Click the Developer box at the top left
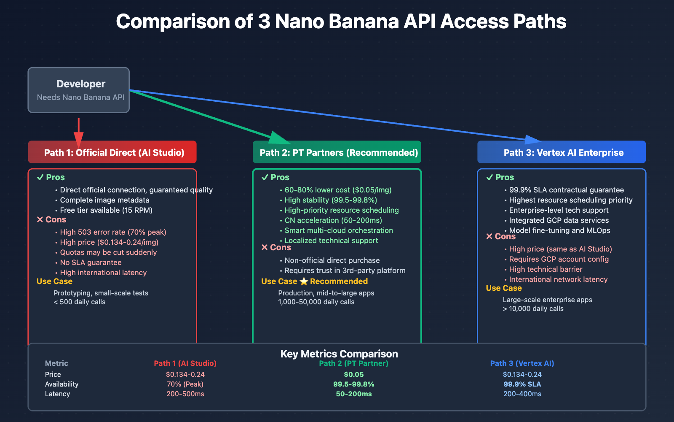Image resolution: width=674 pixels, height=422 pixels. pyautogui.click(x=79, y=90)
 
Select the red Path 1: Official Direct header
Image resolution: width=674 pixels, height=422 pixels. pyautogui.click(x=112, y=152)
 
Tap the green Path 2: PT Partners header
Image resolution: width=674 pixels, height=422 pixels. pyautogui.click(x=337, y=152)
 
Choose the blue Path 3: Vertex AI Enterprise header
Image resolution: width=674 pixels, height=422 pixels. pyautogui.click(x=562, y=152)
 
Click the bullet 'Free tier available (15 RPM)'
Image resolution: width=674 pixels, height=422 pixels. pyautogui.click(x=106, y=210)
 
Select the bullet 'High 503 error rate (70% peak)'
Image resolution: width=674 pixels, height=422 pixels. pyautogui.click(x=113, y=232)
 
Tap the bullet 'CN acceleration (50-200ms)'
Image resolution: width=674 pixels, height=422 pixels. pyautogui.click(x=333, y=220)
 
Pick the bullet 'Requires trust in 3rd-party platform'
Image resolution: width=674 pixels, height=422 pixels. pyautogui.click(x=345, y=271)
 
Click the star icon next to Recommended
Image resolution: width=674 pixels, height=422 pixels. pyautogui.click(x=304, y=281)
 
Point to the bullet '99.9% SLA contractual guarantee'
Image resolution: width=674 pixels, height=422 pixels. pyautogui.click(x=566, y=190)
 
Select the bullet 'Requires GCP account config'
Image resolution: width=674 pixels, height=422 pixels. pyautogui.click(x=559, y=259)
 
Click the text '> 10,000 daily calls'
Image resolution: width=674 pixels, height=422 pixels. pyautogui.click(x=533, y=309)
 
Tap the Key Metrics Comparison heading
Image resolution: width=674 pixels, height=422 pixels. pyautogui.click(x=339, y=354)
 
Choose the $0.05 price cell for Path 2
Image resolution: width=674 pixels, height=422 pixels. pyautogui.click(x=353, y=374)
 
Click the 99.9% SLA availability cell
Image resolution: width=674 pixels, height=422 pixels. pyautogui.click(x=522, y=384)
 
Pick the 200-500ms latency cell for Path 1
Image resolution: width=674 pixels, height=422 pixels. pyautogui.click(x=185, y=394)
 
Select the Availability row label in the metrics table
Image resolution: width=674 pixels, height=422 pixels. pyautogui.click(x=62, y=384)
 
